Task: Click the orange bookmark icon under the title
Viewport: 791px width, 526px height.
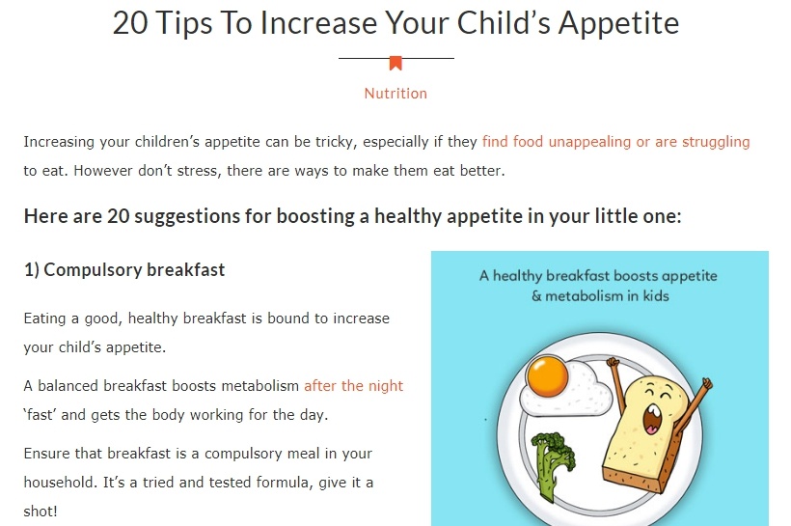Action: (x=395, y=63)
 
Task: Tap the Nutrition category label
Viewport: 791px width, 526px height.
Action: (x=395, y=94)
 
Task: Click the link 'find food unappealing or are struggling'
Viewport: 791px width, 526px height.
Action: (x=616, y=142)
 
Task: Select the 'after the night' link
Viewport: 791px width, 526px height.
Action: (x=354, y=386)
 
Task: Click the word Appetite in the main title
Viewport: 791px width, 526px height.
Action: (x=618, y=24)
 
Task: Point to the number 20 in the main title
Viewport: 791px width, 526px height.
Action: (x=130, y=23)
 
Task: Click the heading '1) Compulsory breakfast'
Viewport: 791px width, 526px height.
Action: (x=124, y=269)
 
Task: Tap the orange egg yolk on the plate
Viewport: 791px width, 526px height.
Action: (x=547, y=376)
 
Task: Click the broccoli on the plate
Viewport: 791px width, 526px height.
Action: (x=554, y=463)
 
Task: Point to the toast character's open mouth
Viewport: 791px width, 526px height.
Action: (x=652, y=419)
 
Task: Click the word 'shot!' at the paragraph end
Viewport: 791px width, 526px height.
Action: (x=41, y=511)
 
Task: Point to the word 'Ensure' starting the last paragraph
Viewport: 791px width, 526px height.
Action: (x=46, y=454)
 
